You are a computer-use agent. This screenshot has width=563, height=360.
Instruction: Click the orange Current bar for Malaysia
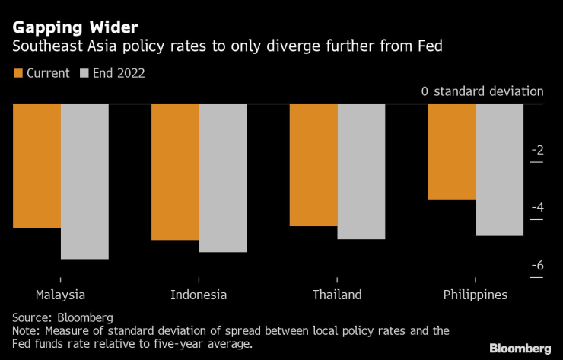click(x=37, y=165)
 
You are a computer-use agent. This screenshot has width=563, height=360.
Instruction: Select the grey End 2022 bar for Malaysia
click(x=84, y=181)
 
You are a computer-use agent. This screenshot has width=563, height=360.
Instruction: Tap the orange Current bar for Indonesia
click(x=175, y=171)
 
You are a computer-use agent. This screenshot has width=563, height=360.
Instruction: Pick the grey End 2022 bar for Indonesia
click(x=223, y=177)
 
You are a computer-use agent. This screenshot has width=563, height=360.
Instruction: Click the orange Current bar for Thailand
click(x=313, y=164)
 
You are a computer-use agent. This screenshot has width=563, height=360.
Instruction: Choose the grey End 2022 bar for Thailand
click(x=361, y=171)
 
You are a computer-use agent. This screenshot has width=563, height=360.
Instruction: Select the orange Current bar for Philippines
click(x=452, y=151)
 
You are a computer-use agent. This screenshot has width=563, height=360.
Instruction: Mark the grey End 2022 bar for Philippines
click(x=500, y=170)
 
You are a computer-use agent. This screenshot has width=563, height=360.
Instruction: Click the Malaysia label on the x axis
click(x=61, y=295)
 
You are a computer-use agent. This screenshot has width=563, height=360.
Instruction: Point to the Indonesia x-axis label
click(x=199, y=295)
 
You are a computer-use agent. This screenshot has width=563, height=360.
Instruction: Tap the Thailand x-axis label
click(x=337, y=295)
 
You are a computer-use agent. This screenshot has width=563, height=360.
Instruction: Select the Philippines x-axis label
click(x=476, y=295)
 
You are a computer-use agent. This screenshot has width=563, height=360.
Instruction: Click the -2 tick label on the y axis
click(x=537, y=150)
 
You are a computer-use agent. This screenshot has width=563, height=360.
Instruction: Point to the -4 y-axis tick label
click(x=537, y=207)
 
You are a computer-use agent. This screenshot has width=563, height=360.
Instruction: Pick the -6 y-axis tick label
click(x=537, y=265)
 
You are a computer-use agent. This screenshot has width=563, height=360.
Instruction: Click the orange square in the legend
click(x=18, y=74)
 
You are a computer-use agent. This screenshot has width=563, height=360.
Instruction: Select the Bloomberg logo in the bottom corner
click(x=520, y=348)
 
